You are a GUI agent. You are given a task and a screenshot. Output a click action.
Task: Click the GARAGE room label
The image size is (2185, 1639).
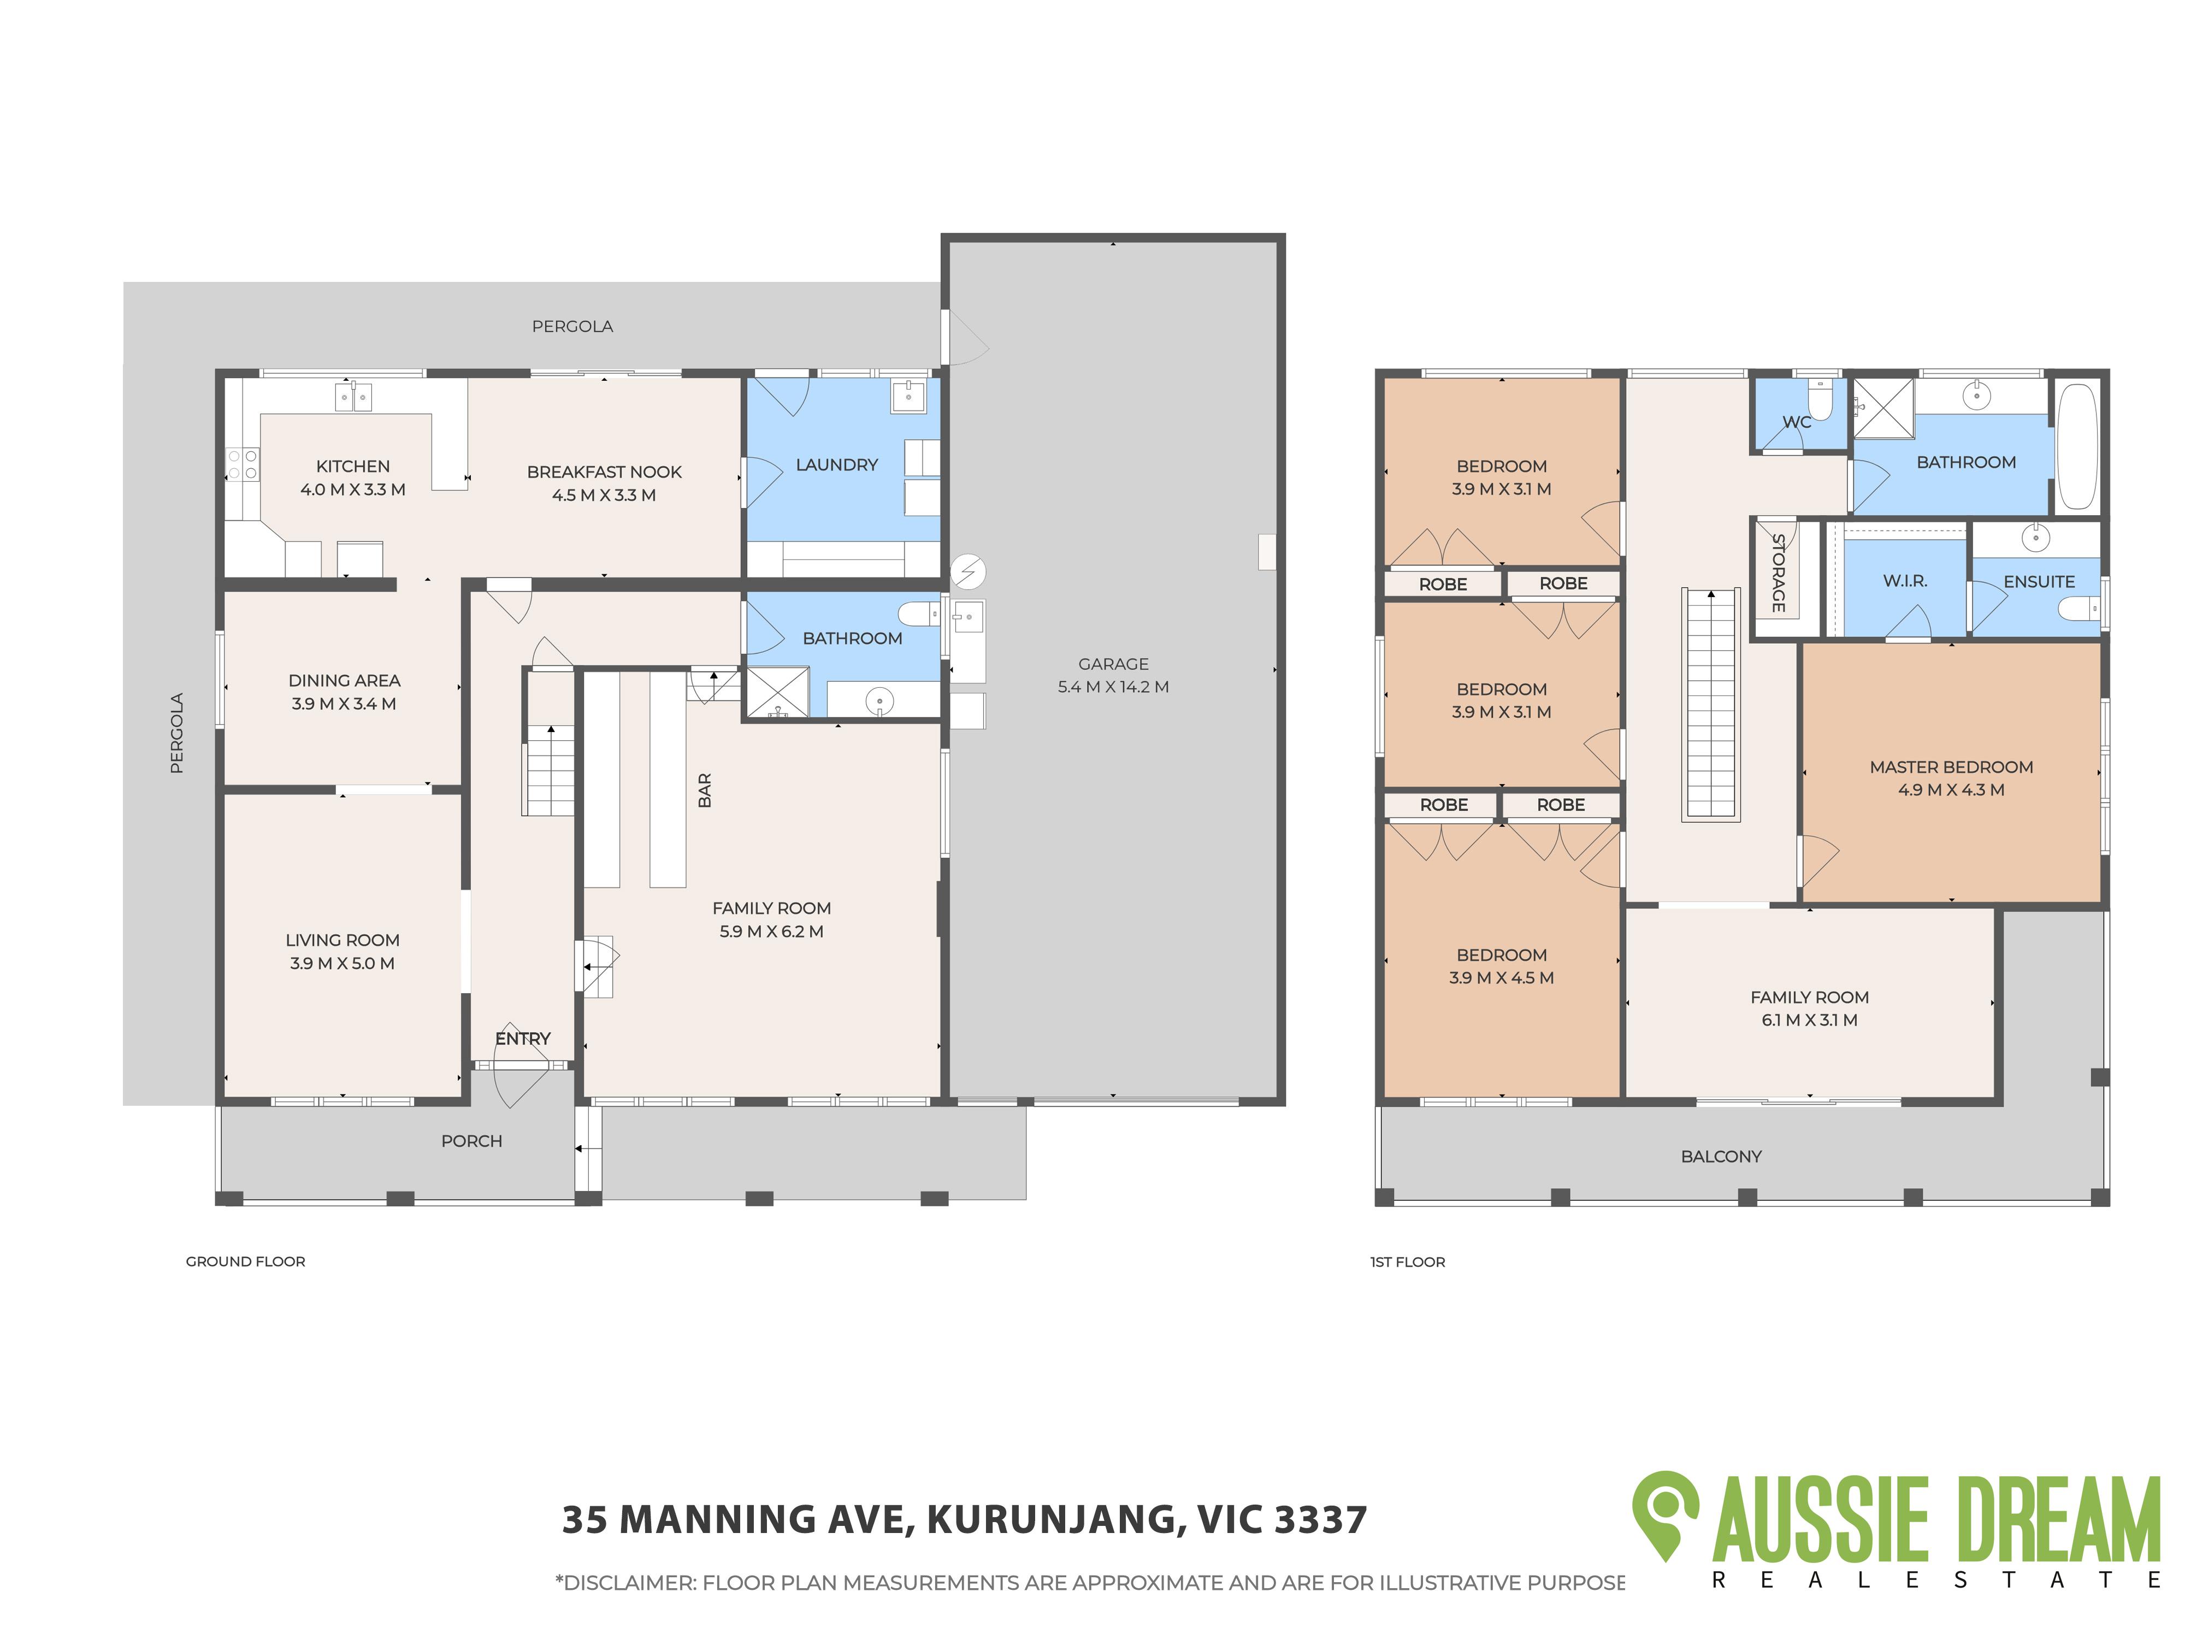point(1113,664)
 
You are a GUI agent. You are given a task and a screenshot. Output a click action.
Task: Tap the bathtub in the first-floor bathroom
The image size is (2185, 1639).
point(2077,446)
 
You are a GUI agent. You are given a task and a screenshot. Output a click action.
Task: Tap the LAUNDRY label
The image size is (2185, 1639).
point(837,464)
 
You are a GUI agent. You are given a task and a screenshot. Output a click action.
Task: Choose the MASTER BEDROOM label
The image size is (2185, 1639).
point(1951,767)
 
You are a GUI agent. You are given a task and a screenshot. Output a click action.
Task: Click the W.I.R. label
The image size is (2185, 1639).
point(1904,581)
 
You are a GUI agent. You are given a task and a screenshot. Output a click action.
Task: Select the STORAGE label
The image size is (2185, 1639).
point(1778,573)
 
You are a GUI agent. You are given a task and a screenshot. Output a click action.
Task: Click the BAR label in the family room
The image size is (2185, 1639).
point(704,791)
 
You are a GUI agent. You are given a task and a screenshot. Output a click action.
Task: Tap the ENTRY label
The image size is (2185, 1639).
point(523,1039)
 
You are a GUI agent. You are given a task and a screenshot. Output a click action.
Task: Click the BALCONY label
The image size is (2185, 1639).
point(1721,1156)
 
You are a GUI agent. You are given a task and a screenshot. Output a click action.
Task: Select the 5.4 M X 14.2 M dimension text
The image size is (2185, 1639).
point(1113,687)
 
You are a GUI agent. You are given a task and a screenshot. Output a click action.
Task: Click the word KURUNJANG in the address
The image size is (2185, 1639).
point(1052,1519)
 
